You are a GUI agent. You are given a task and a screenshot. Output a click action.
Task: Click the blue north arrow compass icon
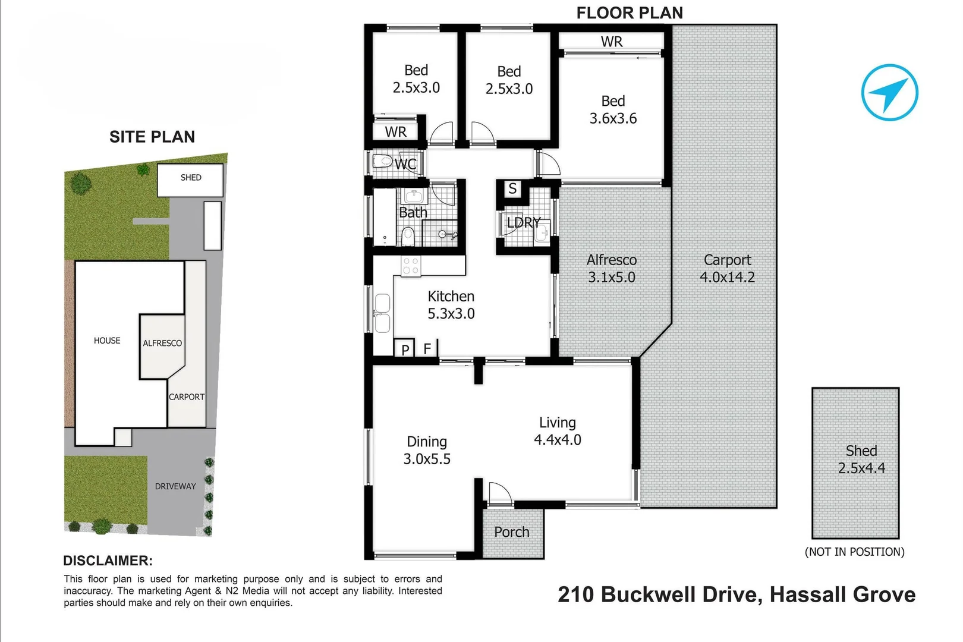click(x=889, y=93)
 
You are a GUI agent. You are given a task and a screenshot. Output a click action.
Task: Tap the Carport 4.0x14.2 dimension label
click(x=726, y=269)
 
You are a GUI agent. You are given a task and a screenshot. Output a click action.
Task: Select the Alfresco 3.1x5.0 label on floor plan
click(x=611, y=269)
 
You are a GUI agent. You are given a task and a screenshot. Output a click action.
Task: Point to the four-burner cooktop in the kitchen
click(x=411, y=266)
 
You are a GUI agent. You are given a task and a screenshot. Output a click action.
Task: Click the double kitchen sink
click(x=382, y=313)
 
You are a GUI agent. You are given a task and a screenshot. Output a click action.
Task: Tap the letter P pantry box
click(x=405, y=349)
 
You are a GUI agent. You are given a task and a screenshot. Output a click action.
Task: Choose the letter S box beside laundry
click(x=512, y=189)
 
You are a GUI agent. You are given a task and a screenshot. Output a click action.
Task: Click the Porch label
click(x=511, y=532)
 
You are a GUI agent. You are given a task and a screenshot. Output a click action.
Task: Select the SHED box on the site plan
click(x=190, y=180)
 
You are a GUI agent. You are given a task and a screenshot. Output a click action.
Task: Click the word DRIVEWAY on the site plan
click(x=175, y=486)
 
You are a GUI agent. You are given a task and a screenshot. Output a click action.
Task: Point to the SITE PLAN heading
click(x=152, y=137)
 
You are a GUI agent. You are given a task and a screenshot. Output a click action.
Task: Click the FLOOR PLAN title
click(x=630, y=12)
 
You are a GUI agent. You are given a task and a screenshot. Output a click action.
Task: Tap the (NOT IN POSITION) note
click(x=854, y=552)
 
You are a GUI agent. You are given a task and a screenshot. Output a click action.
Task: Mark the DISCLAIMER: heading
click(x=108, y=561)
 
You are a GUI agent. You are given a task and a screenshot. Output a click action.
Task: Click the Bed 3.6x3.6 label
click(x=613, y=110)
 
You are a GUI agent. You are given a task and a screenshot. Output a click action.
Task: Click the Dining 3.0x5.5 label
click(x=427, y=450)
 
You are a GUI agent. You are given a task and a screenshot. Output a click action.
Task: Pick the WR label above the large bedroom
click(x=612, y=42)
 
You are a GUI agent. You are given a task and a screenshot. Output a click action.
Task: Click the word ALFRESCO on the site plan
click(x=162, y=343)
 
